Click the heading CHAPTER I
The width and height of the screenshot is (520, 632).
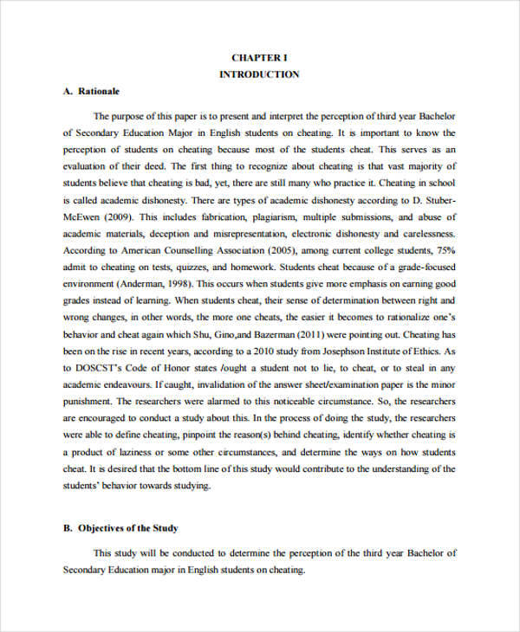click(x=259, y=57)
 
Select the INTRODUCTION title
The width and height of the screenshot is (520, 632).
click(x=259, y=74)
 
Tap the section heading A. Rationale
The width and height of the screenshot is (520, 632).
click(x=91, y=91)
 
